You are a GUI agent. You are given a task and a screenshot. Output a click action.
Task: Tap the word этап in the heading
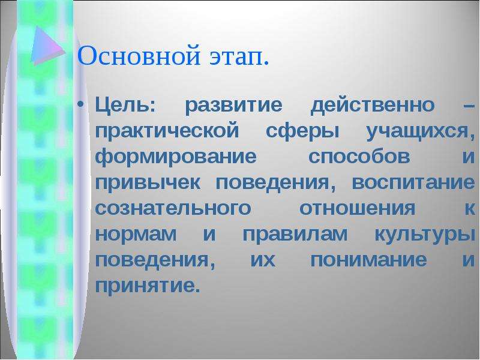coord(239,57)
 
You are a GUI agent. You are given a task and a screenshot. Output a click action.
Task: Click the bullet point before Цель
coord(80,104)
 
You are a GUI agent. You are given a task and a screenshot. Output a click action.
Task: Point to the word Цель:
coord(125,105)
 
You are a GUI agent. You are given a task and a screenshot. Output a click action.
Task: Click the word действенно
coord(372,106)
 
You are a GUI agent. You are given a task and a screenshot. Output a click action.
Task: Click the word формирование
coord(176,157)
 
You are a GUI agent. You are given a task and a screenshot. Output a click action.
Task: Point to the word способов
coord(359,157)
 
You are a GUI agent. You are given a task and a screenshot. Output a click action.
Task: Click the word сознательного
coord(173,208)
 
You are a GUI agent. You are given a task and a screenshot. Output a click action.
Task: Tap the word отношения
coord(357,208)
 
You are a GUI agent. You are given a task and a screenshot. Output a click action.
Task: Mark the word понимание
coord(368,260)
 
